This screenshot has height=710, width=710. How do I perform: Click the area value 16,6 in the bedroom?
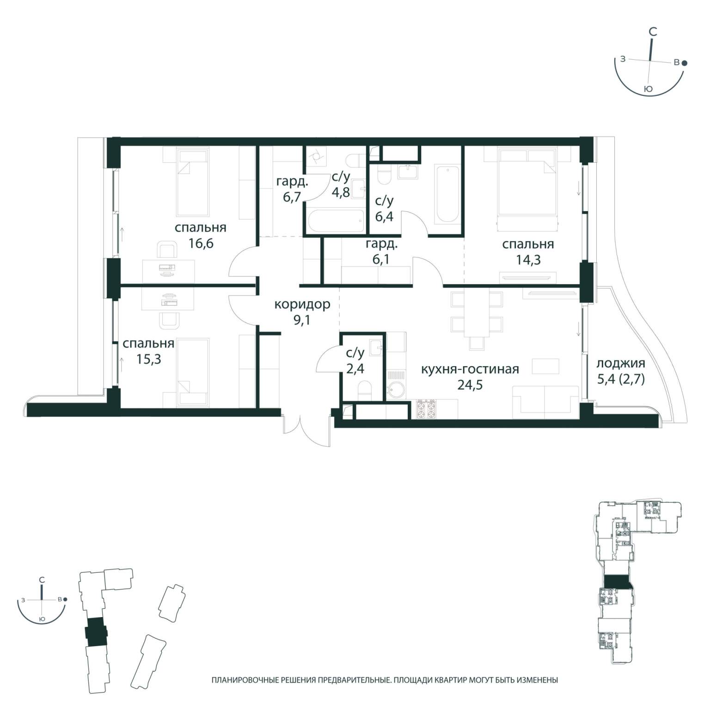point(201,243)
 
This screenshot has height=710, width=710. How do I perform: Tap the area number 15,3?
point(148,359)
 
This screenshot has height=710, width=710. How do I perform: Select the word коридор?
point(302,305)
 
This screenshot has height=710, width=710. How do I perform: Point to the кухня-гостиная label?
point(470,369)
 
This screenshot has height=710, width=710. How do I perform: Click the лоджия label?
point(621,363)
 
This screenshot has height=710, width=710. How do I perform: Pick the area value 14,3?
point(528,260)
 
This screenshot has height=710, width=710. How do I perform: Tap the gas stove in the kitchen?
point(427,409)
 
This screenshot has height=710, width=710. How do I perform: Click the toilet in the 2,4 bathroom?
point(365,391)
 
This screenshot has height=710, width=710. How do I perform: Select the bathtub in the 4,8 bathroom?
point(336,221)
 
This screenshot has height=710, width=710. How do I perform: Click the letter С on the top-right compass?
point(653,32)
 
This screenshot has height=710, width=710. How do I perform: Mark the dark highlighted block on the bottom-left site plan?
point(96,632)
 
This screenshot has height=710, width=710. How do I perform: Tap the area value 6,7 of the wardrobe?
point(292,197)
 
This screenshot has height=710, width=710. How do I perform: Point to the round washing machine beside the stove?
point(396,391)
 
